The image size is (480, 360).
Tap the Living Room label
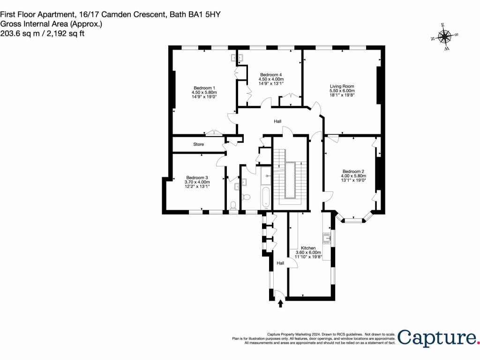[342, 86]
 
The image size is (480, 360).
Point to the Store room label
[198, 144]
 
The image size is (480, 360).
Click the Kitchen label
[308, 248]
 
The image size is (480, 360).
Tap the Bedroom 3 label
[196, 178]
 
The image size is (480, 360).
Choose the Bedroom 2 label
[353, 171]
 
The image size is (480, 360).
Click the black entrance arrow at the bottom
[281, 304]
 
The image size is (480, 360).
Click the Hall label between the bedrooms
[277, 121]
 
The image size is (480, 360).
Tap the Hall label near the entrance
[280, 263]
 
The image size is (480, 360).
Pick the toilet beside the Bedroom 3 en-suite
[233, 205]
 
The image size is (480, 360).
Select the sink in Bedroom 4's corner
[236, 58]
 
